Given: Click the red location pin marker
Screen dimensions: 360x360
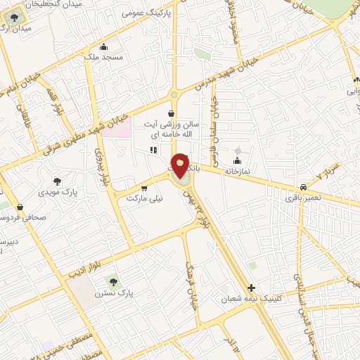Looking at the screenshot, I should click(x=180, y=166).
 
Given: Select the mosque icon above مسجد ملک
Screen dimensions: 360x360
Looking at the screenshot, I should click(x=103, y=46).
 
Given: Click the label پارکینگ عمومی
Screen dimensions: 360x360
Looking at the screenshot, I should click(x=145, y=13).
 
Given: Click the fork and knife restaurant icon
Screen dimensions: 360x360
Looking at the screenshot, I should click(x=153, y=150).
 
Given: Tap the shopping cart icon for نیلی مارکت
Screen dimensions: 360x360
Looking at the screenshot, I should click(x=144, y=188).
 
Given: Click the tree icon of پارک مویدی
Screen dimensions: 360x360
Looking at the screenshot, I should click(x=57, y=181).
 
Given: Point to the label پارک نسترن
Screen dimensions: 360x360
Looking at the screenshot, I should click(x=115, y=291).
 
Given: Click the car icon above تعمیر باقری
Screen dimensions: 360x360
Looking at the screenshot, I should click(x=303, y=188).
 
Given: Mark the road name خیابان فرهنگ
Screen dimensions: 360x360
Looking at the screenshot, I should click(x=191, y=287).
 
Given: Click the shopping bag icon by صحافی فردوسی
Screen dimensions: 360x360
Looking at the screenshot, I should click(x=20, y=207).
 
